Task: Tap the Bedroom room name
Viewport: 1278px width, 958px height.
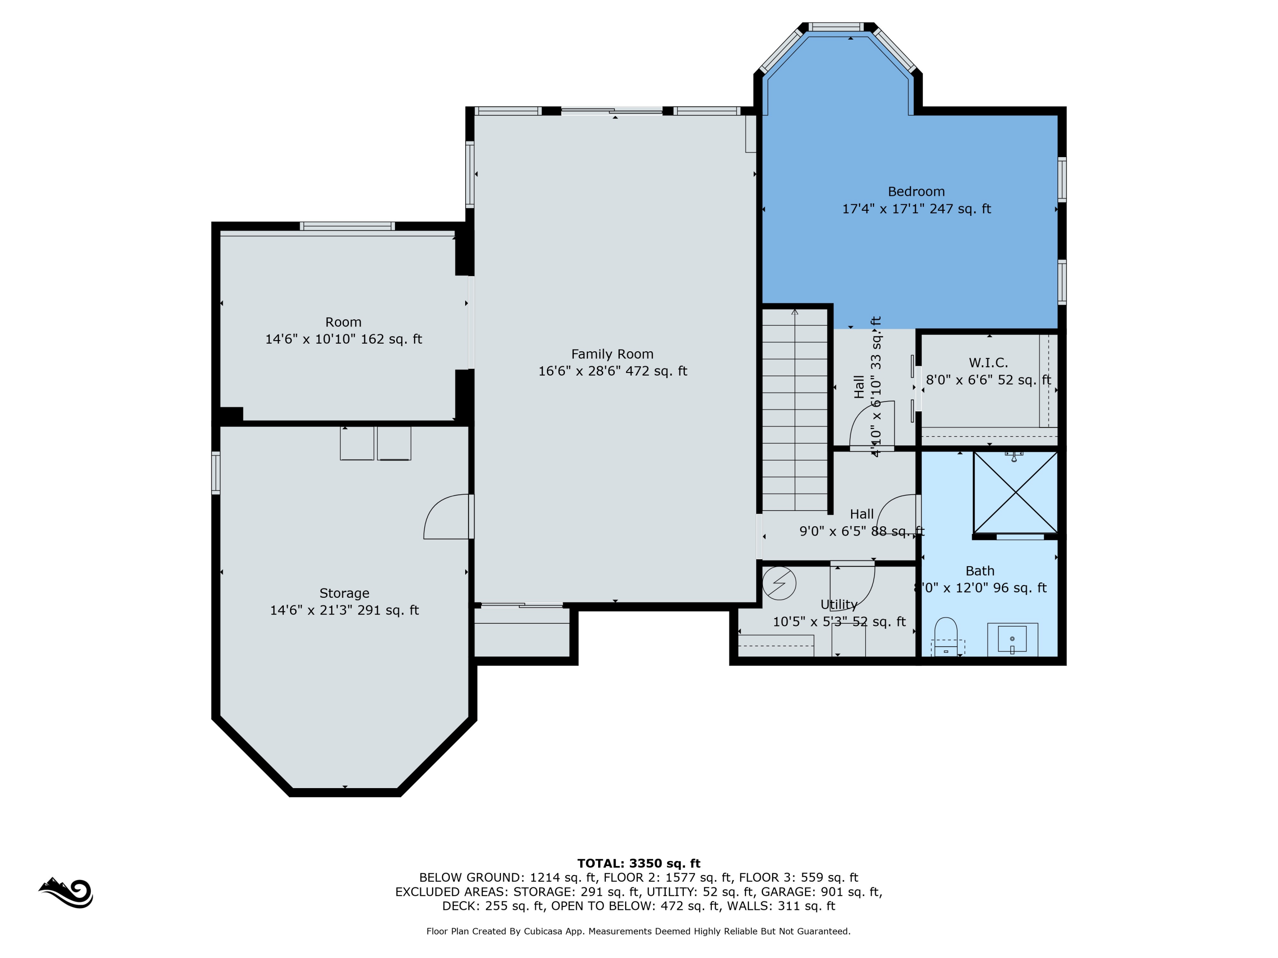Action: (916, 192)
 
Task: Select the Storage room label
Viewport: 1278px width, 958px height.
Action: (344, 593)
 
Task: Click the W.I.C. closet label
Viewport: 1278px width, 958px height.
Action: (988, 363)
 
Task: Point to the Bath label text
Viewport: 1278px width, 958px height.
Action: (980, 571)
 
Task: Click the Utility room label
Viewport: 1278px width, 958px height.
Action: (839, 605)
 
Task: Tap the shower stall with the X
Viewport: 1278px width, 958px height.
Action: (1015, 492)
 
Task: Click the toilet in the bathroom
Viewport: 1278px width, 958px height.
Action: (946, 637)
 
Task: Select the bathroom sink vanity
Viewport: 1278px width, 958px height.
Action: (1012, 639)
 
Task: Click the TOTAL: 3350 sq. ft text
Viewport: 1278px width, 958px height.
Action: (639, 863)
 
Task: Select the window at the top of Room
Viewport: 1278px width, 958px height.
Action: (347, 226)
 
